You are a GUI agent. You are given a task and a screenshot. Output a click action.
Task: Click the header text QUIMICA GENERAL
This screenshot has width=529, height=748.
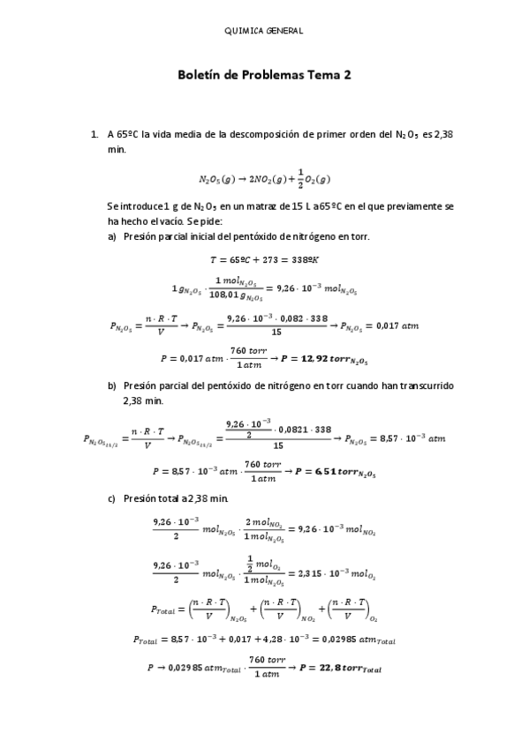click(264, 31)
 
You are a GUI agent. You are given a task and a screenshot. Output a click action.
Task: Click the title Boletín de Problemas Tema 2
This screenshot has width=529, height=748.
click(264, 77)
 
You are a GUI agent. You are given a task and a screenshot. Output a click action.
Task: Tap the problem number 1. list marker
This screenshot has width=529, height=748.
click(94, 135)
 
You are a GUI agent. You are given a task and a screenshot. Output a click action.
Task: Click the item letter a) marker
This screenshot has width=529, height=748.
click(112, 236)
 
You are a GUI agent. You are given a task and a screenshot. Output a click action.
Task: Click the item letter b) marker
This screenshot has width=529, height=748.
click(112, 385)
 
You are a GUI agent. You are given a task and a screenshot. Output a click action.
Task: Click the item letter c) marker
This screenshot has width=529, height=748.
click(112, 498)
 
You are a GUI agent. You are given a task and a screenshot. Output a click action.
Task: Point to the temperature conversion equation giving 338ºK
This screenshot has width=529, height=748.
click(264, 259)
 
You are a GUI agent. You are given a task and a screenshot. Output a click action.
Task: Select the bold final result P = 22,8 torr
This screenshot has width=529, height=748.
click(340, 669)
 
